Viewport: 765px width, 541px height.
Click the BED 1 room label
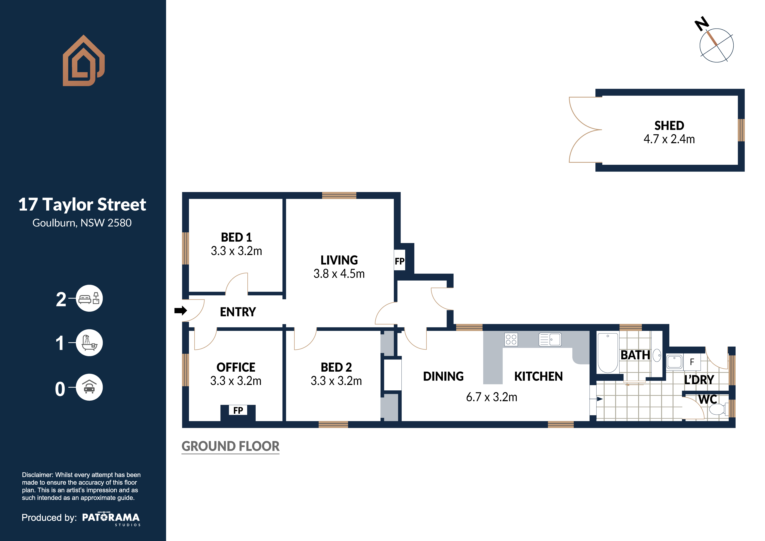[236, 237]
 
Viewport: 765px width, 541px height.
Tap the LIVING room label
[339, 260]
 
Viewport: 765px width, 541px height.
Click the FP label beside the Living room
[399, 261]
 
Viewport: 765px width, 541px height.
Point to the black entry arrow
[181, 310]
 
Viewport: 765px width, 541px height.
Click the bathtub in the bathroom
[608, 353]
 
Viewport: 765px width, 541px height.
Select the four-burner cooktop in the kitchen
[511, 339]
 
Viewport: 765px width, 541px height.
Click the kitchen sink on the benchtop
[550, 339]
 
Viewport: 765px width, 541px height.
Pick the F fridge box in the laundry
[692, 362]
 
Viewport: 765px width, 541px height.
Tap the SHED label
[669, 126]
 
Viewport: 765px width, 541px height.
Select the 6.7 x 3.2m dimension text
[491, 397]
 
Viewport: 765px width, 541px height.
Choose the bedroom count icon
[89, 298]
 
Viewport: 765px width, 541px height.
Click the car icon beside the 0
[89, 387]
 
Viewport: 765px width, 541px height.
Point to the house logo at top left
[84, 60]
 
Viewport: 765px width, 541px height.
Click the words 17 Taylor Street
[82, 204]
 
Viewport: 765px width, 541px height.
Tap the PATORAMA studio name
[111, 517]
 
